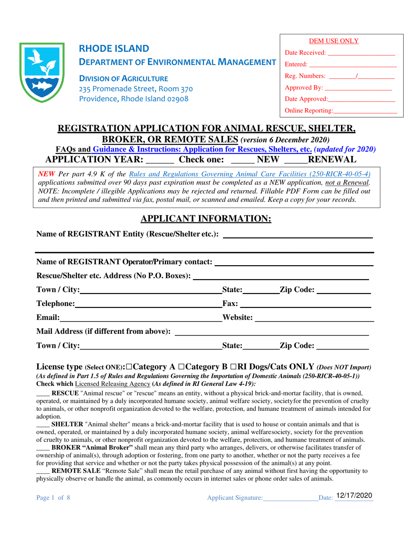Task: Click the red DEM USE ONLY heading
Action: coord(334,41)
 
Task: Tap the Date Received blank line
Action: coord(362,53)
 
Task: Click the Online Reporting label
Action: coord(309,111)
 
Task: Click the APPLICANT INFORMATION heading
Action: coord(206,219)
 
